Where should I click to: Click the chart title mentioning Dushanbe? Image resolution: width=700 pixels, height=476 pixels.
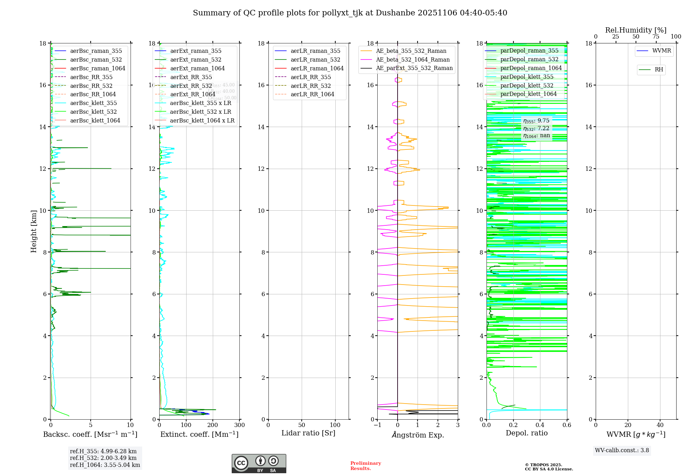tap(350, 13)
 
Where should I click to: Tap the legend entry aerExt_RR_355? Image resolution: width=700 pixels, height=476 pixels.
tap(191, 77)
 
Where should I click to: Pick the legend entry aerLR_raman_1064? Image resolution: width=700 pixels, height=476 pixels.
tap(317, 69)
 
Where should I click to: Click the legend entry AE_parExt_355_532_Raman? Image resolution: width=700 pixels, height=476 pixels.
tap(414, 68)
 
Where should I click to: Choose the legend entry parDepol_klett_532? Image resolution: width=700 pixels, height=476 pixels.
tap(527, 85)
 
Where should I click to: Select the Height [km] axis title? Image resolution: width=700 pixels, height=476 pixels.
tap(34, 231)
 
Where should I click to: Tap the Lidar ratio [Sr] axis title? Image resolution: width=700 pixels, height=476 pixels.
tap(308, 433)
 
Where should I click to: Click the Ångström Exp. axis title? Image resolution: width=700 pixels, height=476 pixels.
tap(418, 435)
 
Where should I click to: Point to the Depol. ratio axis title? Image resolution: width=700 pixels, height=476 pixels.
tap(526, 433)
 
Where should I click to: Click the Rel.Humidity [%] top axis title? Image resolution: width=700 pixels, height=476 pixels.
tap(636, 30)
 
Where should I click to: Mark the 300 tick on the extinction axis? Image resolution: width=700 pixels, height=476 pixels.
tap(239, 425)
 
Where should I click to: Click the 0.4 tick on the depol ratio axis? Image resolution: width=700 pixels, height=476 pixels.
tap(540, 425)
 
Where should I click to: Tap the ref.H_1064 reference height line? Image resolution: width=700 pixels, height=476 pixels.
tap(105, 465)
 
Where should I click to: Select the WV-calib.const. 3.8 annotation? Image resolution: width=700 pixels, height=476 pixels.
tap(622, 450)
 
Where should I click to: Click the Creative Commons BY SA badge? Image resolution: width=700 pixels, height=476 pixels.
tap(259, 463)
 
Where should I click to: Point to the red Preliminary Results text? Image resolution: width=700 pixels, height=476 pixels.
tap(365, 466)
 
